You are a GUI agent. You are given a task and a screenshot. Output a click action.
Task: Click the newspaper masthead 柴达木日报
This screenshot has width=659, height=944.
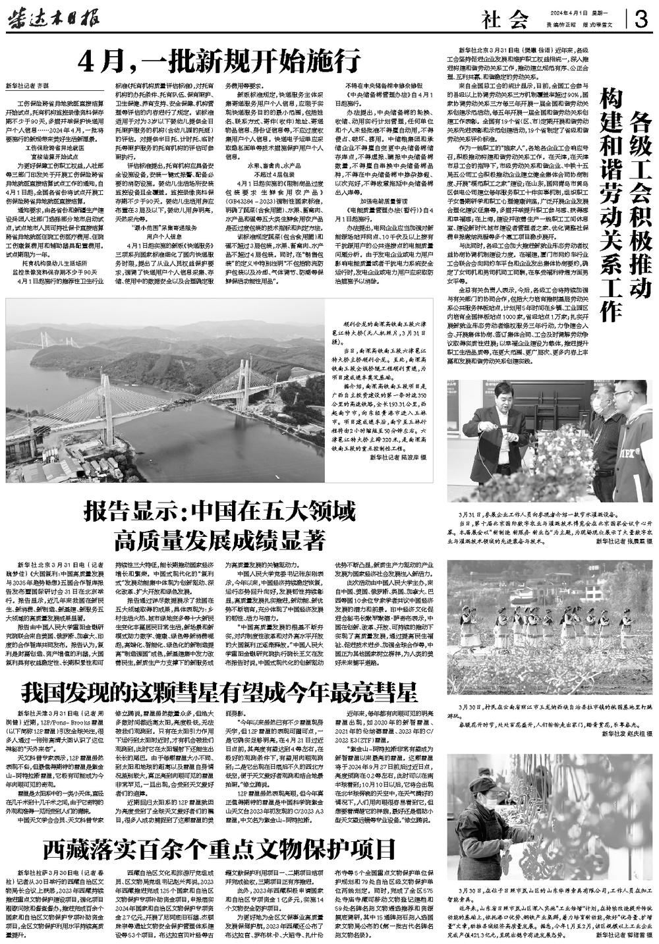53,18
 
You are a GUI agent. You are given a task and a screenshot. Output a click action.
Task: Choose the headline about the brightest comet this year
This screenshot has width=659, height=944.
220,692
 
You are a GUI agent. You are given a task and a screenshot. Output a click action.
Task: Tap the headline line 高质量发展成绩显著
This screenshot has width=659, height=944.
220,541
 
